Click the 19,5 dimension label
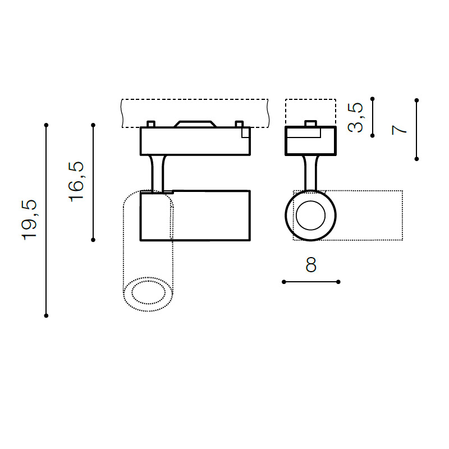point(29,220)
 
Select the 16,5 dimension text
point(76,182)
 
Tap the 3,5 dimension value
point(355,117)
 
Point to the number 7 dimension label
point(399,130)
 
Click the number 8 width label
point(311,265)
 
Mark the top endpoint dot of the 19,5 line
point(46,125)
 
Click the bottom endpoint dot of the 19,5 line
point(46,315)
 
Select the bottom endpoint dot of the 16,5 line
point(93,240)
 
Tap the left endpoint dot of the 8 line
point(284,282)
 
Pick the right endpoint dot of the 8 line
point(338,282)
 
